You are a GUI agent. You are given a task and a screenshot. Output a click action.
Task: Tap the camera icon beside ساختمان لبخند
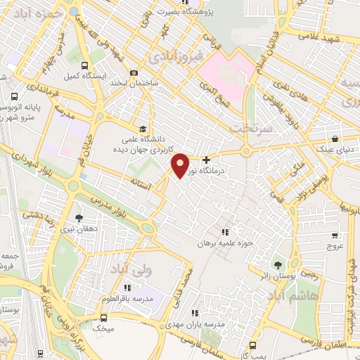coord(134,72)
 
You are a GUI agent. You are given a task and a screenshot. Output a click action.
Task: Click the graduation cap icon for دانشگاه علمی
coord(143,129)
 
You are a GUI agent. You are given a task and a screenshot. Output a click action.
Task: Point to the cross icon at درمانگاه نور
coord(205,160)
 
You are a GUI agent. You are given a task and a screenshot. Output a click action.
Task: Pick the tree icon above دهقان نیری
coord(79,219)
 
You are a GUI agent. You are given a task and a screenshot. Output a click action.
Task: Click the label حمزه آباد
coord(42,13)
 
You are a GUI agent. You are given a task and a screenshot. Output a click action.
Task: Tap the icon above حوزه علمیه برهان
coord(225,232)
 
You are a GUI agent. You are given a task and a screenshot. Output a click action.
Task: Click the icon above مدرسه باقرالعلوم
coord(127,288)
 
